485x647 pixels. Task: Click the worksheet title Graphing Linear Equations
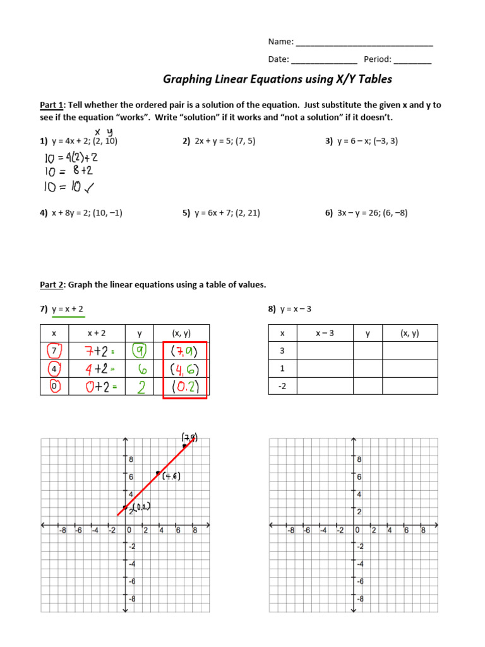[277, 79]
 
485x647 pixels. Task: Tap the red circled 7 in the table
[54, 350]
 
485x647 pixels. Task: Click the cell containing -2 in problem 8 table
[282, 386]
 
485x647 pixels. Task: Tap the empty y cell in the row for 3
[368, 351]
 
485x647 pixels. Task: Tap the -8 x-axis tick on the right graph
[290, 531]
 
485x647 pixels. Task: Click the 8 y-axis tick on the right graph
[359, 459]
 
